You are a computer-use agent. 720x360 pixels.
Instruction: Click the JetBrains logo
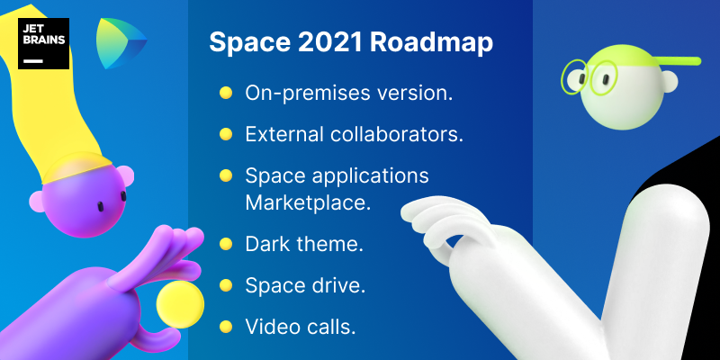click(x=43, y=43)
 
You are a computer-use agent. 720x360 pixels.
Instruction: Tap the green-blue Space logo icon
click(x=121, y=43)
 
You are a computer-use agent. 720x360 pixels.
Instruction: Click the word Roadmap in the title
click(x=431, y=42)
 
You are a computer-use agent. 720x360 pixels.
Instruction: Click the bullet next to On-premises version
click(x=226, y=94)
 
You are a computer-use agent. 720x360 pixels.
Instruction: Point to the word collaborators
click(x=396, y=134)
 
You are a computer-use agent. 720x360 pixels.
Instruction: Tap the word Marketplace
click(x=308, y=202)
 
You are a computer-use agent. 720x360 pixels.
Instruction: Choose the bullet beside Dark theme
click(x=226, y=244)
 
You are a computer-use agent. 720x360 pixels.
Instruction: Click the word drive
click(x=341, y=285)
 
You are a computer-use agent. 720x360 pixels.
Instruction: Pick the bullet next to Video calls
click(x=226, y=327)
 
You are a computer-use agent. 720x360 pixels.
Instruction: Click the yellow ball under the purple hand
click(x=179, y=304)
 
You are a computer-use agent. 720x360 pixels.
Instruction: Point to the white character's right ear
click(x=670, y=81)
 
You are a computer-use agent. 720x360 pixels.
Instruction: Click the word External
click(x=284, y=134)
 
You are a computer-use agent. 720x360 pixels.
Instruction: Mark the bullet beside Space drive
click(x=226, y=285)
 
